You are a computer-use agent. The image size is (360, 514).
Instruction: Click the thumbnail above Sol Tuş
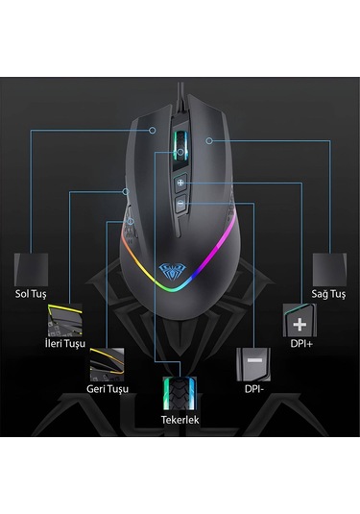coord(32,265)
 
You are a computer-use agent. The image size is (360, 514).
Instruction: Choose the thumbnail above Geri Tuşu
coord(106,365)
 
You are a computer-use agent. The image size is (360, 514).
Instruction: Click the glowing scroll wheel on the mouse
coord(180,145)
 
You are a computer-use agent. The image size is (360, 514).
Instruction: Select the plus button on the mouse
coord(180,184)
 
